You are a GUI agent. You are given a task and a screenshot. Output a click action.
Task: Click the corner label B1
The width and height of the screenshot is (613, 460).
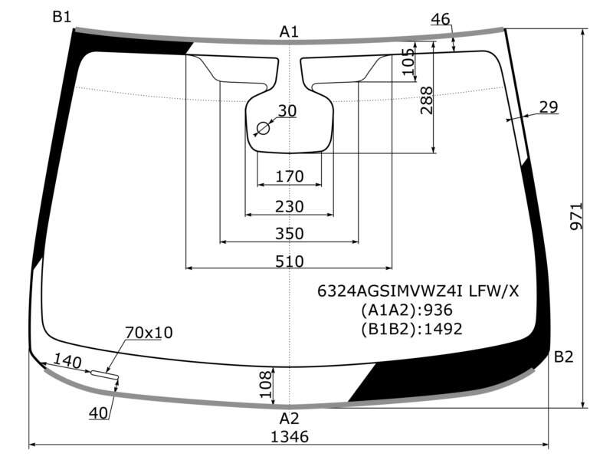click(x=62, y=17)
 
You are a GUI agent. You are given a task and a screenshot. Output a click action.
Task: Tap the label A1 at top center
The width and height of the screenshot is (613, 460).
click(x=289, y=31)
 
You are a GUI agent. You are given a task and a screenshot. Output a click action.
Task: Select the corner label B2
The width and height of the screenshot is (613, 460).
click(x=564, y=356)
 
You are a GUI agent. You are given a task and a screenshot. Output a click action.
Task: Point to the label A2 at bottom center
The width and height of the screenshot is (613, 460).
click(x=290, y=419)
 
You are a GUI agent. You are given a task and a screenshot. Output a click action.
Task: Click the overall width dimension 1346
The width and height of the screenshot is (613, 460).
click(x=290, y=436)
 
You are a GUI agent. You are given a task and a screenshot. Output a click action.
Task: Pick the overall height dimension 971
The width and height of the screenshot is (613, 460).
click(x=576, y=216)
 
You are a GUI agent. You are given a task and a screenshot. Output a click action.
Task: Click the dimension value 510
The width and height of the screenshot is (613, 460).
click(x=290, y=261)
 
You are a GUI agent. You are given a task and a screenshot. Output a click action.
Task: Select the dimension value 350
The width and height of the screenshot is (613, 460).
click(x=290, y=234)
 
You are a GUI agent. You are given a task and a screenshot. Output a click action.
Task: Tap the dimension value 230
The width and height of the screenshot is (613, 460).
click(x=290, y=206)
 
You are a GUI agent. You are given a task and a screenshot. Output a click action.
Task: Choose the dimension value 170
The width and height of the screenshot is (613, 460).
click(x=290, y=176)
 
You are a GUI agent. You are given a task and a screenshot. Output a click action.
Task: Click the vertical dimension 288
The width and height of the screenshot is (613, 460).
click(x=427, y=100)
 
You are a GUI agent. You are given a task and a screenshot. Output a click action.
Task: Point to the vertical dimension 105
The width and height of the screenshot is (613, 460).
click(x=408, y=61)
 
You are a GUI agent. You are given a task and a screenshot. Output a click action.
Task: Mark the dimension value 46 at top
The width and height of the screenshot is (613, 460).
click(x=441, y=18)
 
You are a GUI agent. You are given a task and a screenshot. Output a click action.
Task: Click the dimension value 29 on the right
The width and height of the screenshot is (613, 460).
click(x=549, y=107)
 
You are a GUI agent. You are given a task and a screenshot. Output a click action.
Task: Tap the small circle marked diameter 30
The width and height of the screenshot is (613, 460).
click(x=263, y=128)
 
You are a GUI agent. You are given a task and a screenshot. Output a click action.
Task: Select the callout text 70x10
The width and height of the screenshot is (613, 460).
click(x=149, y=333)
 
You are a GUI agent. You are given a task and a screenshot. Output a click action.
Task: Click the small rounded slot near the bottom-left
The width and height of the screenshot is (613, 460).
click(x=104, y=374)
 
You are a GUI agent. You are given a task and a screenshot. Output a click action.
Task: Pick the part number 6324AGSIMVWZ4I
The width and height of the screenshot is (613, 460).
click(x=390, y=291)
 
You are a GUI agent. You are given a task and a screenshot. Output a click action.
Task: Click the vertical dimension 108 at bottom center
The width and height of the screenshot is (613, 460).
click(x=265, y=384)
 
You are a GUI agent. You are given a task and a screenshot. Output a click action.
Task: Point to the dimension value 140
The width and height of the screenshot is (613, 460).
click(x=67, y=360)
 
